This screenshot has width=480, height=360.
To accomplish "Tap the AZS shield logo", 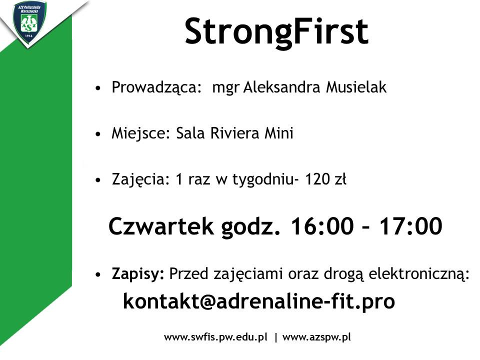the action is point(29,22).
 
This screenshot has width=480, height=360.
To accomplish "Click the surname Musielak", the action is point(356,87).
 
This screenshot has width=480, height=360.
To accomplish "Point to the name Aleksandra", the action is point(281,87).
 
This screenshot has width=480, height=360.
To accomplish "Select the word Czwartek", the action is point(161,226).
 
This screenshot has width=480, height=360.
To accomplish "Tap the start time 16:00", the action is point(322,226).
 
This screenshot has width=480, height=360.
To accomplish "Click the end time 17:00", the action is point(411,226).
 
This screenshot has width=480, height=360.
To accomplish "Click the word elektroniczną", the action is point(419,274).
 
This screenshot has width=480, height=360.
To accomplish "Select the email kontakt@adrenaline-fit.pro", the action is point(259,302).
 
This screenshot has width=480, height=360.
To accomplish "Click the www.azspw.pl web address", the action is point(316,337).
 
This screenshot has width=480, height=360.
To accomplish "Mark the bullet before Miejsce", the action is point(98,134).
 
